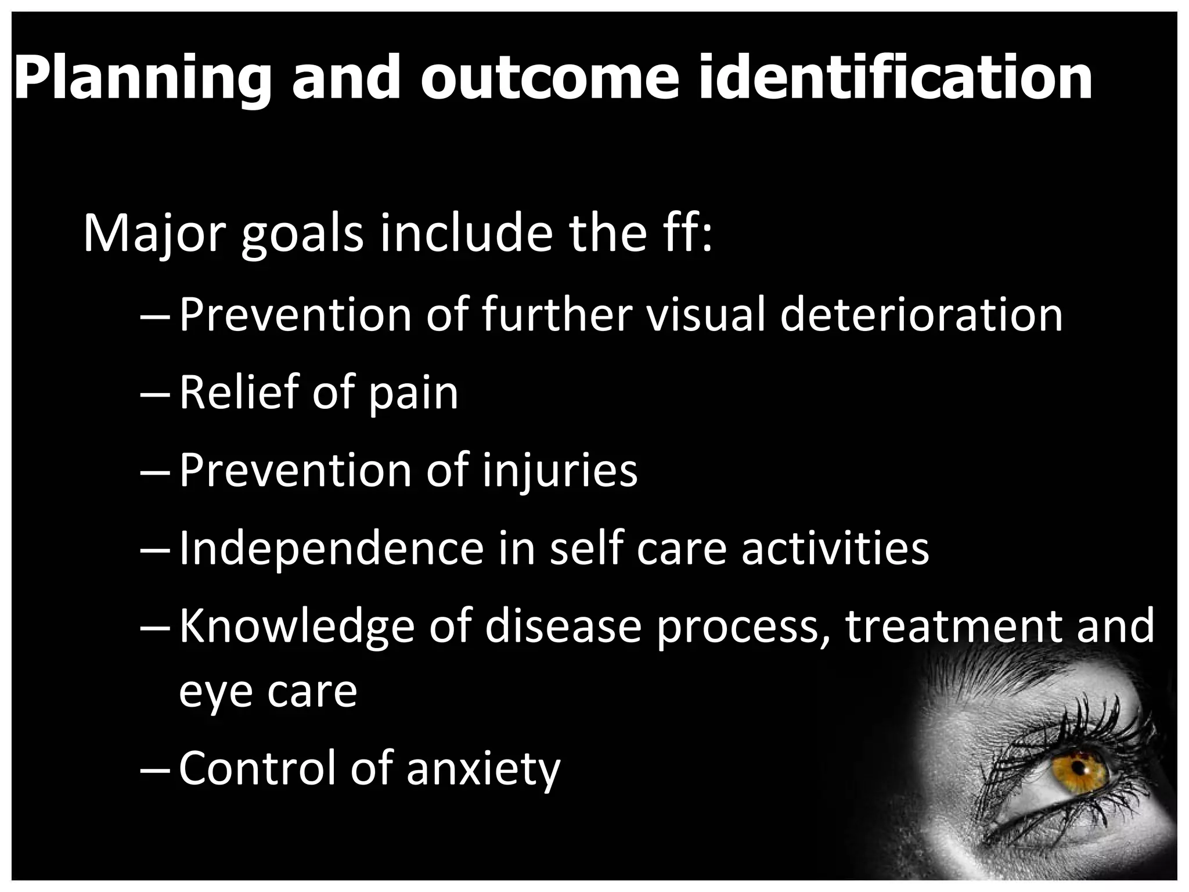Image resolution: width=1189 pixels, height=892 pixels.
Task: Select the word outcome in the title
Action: (549, 77)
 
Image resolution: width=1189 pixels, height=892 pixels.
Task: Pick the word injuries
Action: (560, 472)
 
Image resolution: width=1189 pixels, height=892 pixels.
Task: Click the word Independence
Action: (332, 548)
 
